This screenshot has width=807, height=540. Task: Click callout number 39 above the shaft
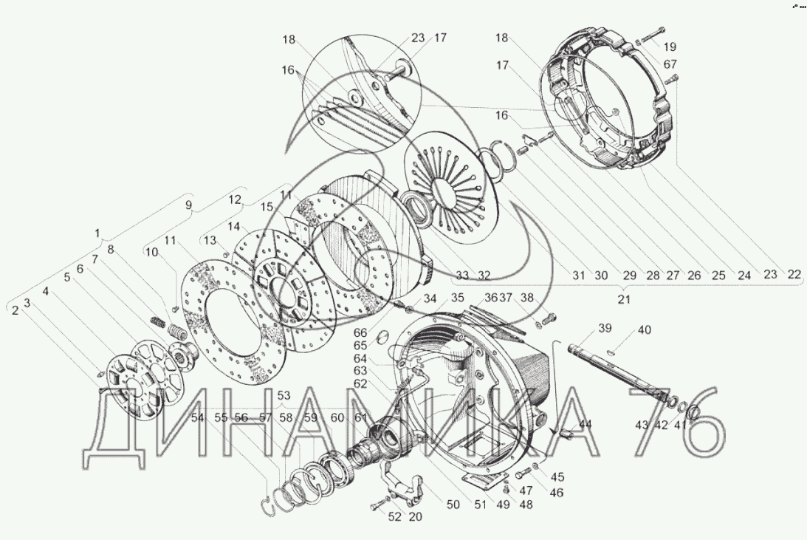(605, 329)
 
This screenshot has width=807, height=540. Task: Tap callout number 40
(645, 330)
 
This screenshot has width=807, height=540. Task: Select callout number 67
(670, 64)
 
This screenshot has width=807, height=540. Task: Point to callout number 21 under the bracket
(624, 299)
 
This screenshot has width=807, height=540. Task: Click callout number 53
(284, 396)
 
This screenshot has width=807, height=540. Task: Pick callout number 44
(585, 424)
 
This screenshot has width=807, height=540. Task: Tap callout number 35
(458, 298)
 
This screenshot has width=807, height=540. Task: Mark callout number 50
(453, 505)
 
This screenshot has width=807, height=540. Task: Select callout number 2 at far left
(15, 310)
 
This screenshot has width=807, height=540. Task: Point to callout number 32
(484, 276)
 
